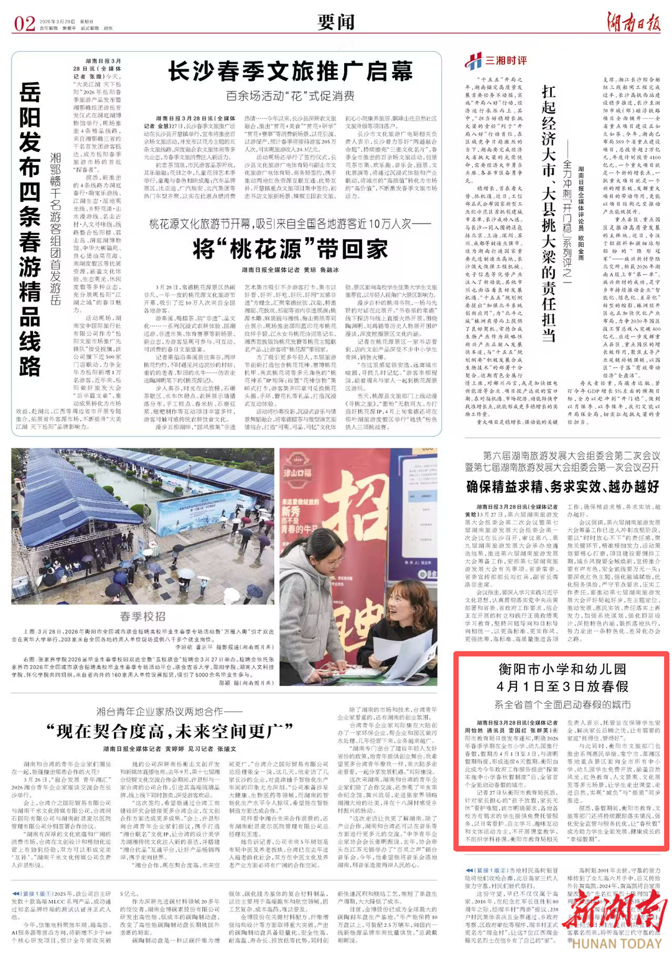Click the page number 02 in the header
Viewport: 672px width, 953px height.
point(24,23)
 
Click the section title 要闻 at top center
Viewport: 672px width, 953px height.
point(336,22)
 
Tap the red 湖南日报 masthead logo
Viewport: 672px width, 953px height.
point(633,22)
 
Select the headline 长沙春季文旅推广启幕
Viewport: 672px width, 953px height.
point(290,72)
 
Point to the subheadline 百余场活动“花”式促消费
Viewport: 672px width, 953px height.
point(290,96)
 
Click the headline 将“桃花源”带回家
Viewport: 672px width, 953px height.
point(290,249)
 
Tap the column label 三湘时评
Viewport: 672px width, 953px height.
point(506,60)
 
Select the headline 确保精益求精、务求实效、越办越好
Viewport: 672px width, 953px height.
point(562,486)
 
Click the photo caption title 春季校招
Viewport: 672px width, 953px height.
point(142,616)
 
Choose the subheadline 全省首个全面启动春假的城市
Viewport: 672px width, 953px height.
point(562,704)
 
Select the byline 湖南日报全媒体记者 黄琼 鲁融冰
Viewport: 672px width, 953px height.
point(290,270)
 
